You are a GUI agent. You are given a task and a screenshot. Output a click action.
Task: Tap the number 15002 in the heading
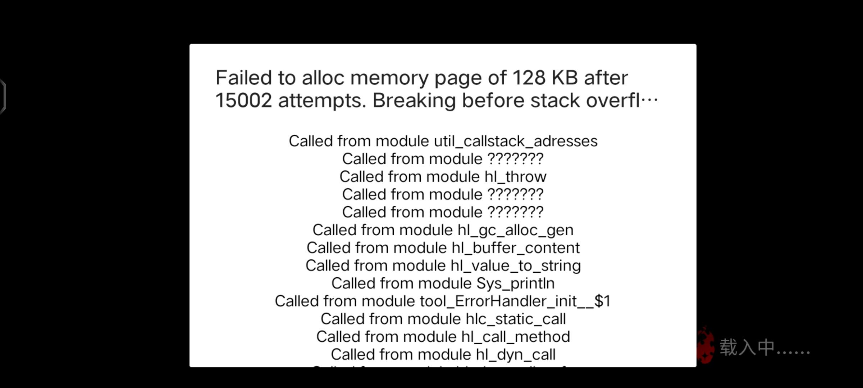[243, 100]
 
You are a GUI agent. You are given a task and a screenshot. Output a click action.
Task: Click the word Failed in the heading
[243, 78]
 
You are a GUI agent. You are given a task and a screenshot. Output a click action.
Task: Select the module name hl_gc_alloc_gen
[515, 230]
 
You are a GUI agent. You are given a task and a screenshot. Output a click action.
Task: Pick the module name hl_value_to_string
[515, 266]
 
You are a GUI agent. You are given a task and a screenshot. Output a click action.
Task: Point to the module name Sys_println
[515, 283]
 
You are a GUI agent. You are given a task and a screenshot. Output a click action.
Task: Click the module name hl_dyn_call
[515, 355]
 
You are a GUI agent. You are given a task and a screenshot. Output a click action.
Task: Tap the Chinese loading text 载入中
[746, 347]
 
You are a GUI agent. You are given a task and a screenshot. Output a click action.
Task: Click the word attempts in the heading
[322, 100]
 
